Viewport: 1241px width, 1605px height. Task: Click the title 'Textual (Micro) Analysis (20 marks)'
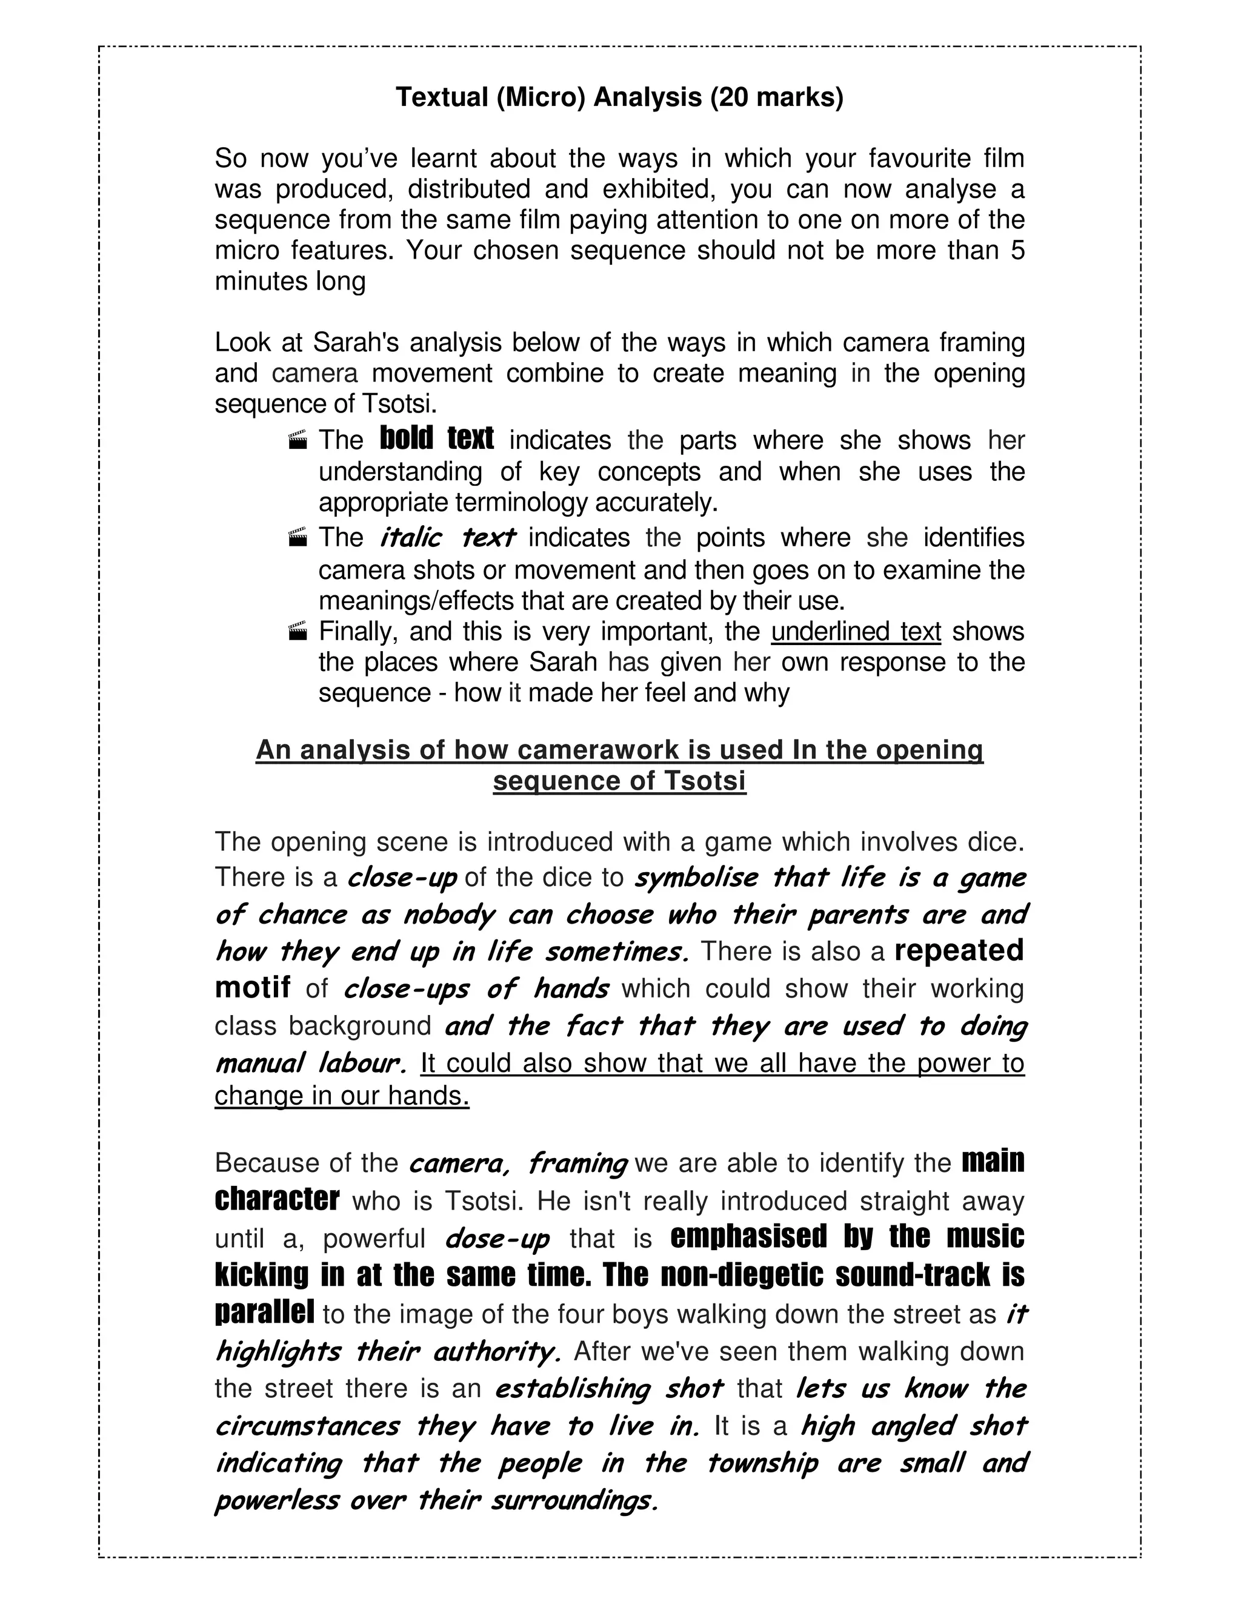pyautogui.click(x=620, y=97)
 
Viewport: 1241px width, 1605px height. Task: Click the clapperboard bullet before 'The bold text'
pyautogui.click(x=298, y=441)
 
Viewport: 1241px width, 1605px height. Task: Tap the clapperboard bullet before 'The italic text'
pyautogui.click(x=298, y=538)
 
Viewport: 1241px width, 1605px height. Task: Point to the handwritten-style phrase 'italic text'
pyautogui.click(x=447, y=537)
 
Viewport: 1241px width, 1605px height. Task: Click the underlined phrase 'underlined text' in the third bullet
pyautogui.click(x=856, y=631)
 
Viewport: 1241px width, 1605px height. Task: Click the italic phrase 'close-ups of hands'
pyautogui.click(x=476, y=988)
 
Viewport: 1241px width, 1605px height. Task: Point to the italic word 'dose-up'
pyautogui.click(x=497, y=1239)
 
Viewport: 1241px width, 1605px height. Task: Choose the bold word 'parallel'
pyautogui.click(x=265, y=1312)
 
